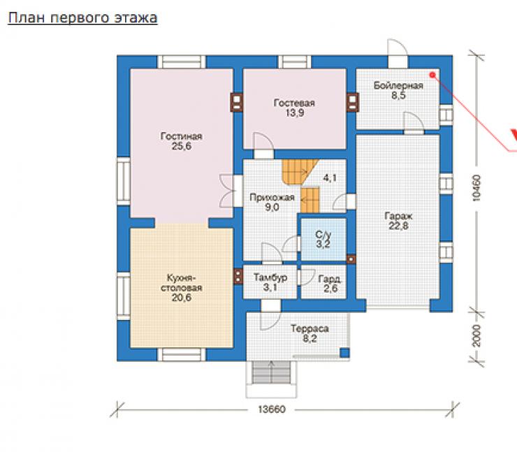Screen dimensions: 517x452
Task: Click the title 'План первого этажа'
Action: click(x=82, y=18)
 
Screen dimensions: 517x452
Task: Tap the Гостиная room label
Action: click(x=182, y=136)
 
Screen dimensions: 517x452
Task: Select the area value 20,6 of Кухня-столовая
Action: click(x=182, y=298)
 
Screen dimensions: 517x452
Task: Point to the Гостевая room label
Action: click(x=294, y=103)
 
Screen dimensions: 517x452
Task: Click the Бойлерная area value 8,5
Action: click(x=398, y=96)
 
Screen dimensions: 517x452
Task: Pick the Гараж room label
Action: click(x=398, y=217)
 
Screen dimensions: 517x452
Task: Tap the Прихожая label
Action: click(x=272, y=198)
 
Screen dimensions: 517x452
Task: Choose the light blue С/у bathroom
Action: click(x=323, y=240)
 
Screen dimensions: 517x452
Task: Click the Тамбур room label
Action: click(x=270, y=277)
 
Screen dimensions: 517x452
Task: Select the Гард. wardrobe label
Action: click(x=329, y=279)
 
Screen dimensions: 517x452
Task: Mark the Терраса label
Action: click(x=310, y=329)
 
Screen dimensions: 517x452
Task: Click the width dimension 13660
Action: click(x=272, y=409)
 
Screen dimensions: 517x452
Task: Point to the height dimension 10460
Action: click(x=476, y=188)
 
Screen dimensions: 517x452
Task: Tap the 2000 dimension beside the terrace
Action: click(x=476, y=335)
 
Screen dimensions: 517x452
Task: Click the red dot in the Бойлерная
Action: click(x=432, y=75)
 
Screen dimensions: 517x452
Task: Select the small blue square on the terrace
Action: click(x=344, y=353)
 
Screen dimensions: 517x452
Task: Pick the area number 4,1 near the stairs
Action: click(x=330, y=178)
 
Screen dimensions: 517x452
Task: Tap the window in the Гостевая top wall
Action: click(x=294, y=62)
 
